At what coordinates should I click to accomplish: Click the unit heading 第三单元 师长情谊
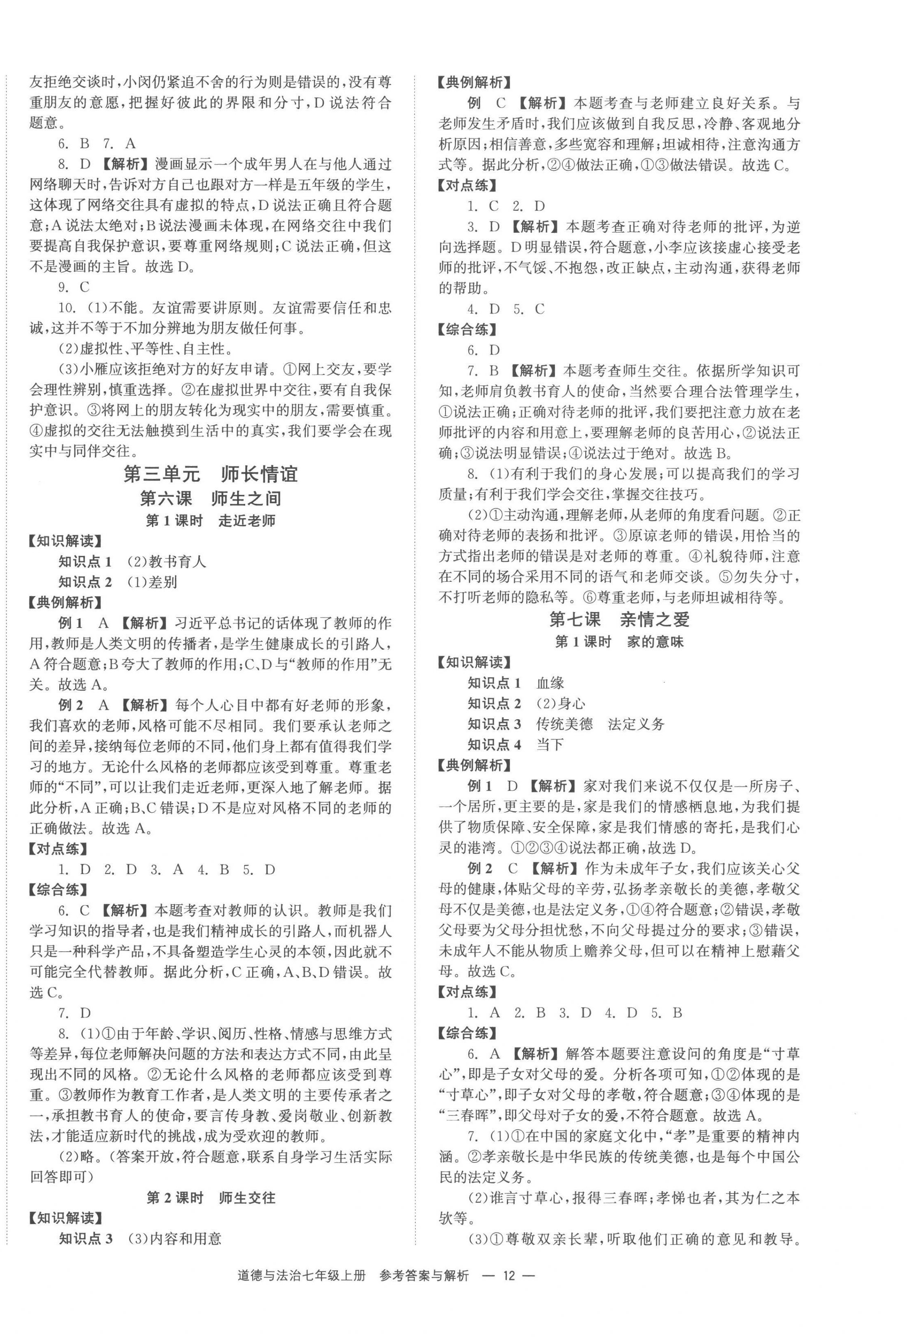click(210, 474)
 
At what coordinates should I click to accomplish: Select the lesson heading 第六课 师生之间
click(210, 498)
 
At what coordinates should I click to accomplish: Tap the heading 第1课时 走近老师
click(210, 521)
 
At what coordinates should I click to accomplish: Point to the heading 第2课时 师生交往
click(210, 1198)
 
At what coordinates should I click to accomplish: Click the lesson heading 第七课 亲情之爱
click(619, 620)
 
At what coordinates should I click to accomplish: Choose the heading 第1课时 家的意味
click(619, 642)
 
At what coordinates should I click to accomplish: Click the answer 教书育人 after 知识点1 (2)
click(177, 562)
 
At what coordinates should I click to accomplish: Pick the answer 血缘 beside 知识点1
click(550, 683)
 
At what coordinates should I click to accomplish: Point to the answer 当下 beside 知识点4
click(550, 745)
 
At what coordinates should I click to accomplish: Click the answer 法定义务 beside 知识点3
click(636, 724)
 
